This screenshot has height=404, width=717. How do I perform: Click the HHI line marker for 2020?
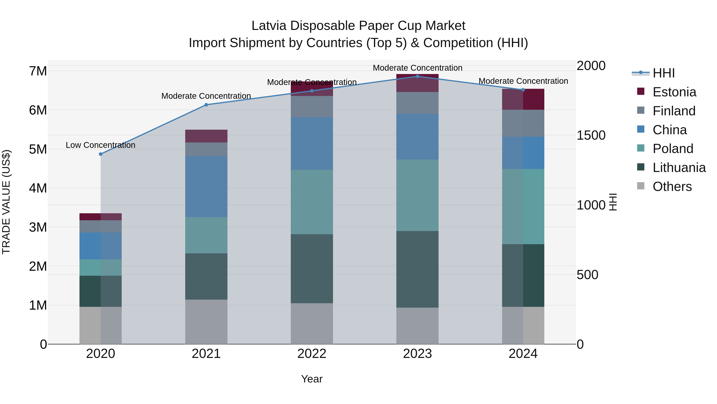[x=101, y=154]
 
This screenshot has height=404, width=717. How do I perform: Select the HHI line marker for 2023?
[x=417, y=76]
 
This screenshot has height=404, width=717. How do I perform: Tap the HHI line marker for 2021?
[x=206, y=105]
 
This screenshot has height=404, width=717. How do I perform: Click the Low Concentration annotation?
[x=101, y=145]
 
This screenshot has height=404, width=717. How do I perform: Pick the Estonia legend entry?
[x=674, y=92]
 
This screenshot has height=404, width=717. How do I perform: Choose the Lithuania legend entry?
[x=679, y=168]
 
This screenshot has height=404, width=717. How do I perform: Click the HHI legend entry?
[x=664, y=73]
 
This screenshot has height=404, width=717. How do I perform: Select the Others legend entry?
[x=672, y=187]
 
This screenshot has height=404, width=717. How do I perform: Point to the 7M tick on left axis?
[x=38, y=71]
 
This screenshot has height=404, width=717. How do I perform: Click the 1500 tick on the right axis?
[x=591, y=135]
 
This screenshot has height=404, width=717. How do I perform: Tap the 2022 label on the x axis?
[x=312, y=354]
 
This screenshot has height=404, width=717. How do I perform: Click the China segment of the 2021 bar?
[x=206, y=187]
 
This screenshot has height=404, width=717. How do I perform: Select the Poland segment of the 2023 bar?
[x=417, y=195]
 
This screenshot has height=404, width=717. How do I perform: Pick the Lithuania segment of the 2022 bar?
[x=312, y=269]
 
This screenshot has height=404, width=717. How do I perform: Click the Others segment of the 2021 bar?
[x=206, y=322]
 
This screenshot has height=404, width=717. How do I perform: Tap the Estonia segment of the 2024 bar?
[x=523, y=99]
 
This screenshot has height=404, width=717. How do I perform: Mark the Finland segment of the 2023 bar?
[x=417, y=103]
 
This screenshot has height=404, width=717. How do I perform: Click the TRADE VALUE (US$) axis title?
[x=6, y=202]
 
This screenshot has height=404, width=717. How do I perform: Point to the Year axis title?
[x=312, y=379]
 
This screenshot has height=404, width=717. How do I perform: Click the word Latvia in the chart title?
[x=268, y=26]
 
